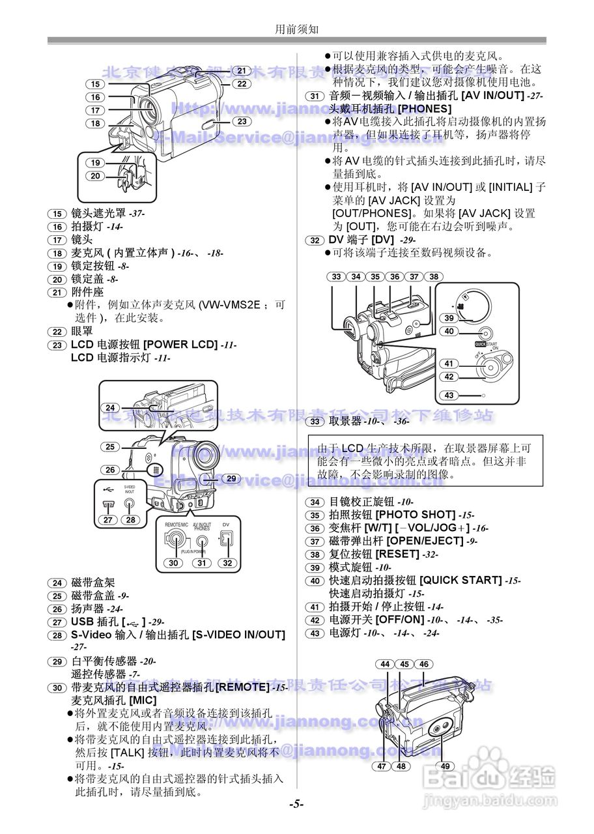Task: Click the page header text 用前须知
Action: (x=296, y=29)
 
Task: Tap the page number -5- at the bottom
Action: (x=296, y=804)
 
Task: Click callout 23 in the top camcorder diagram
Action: (x=241, y=122)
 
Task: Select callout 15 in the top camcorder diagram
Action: (x=95, y=84)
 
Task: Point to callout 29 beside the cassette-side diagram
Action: (x=231, y=478)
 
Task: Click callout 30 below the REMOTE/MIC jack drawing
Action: (x=173, y=563)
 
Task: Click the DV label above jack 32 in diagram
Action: (x=226, y=523)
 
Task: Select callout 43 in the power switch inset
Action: (x=449, y=395)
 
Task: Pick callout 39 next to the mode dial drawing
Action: (x=449, y=318)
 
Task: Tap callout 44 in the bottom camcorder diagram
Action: (x=385, y=664)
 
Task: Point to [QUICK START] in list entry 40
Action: (x=460, y=581)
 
